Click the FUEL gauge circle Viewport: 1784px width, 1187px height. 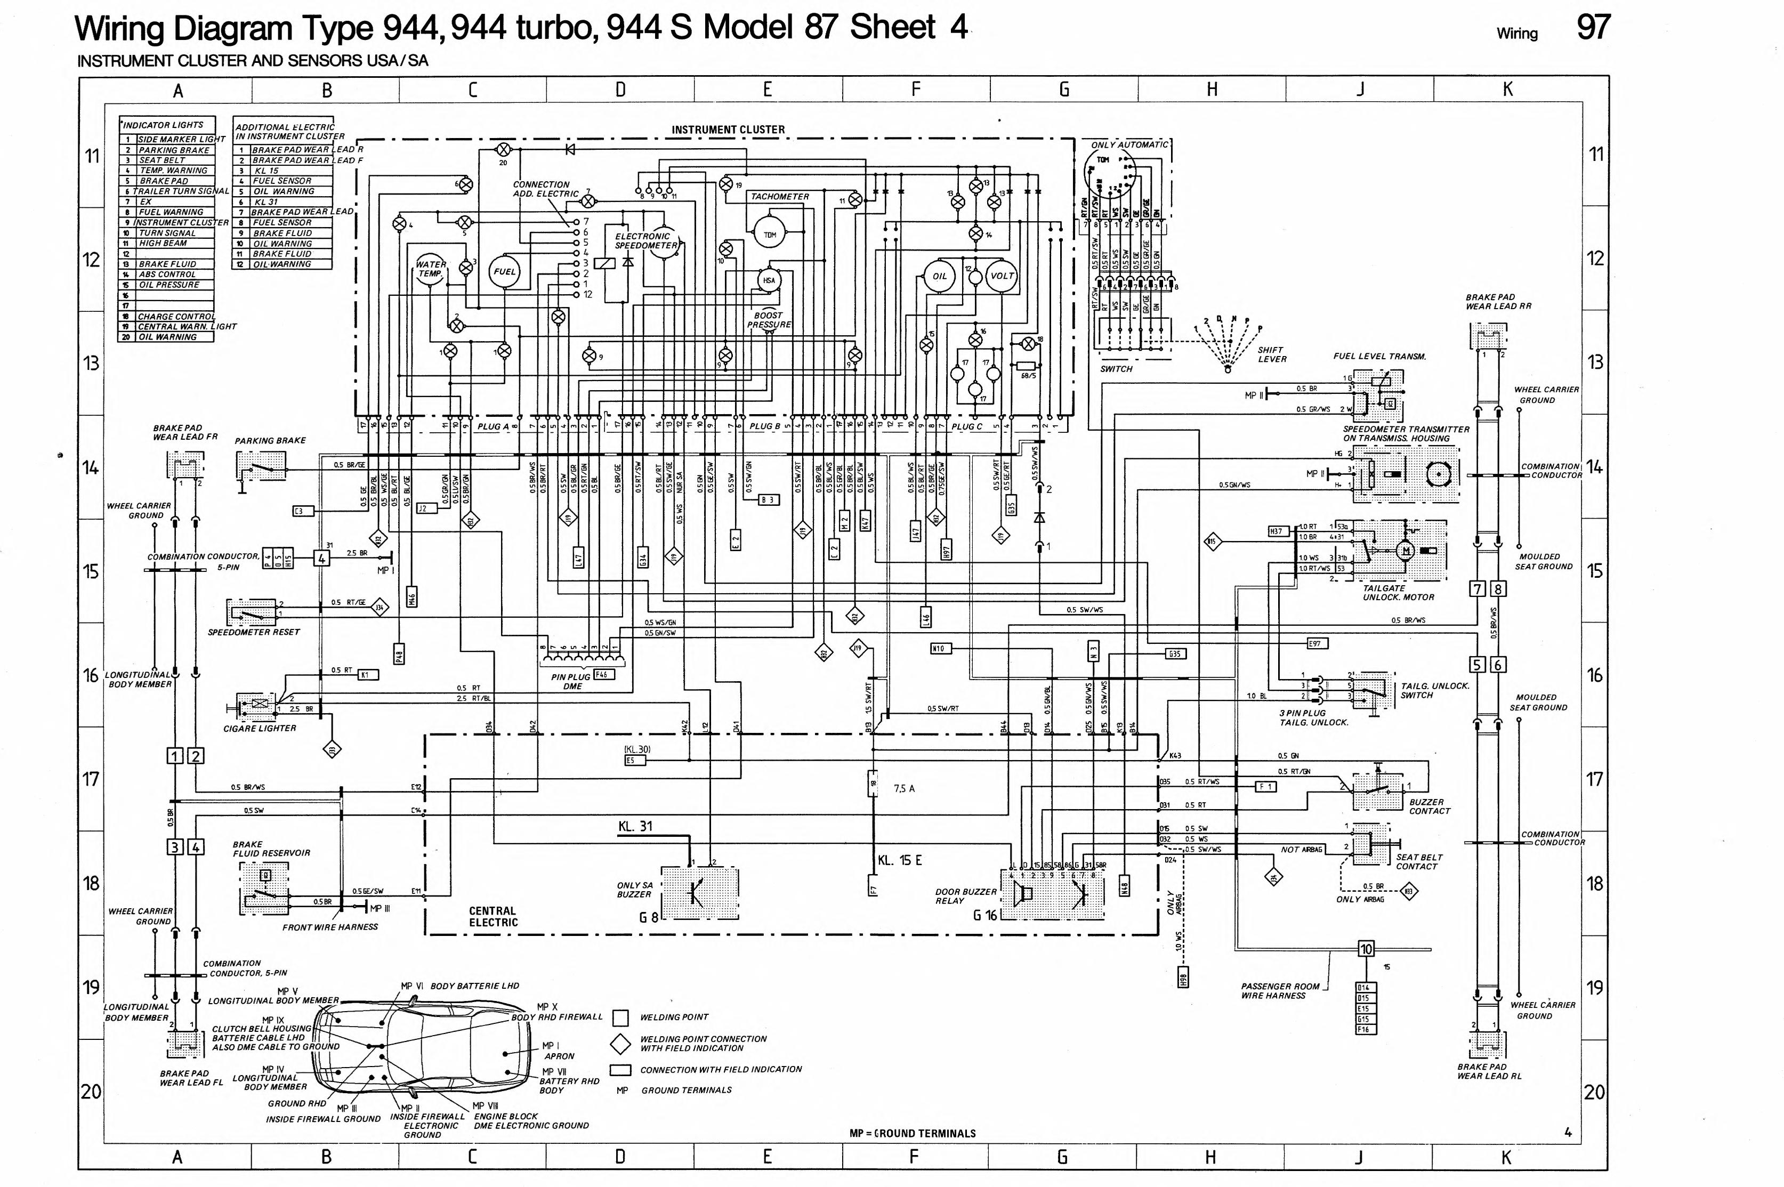504,272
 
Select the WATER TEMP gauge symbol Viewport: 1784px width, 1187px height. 430,270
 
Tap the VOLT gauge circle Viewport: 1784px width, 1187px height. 1002,276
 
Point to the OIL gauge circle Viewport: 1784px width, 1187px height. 939,276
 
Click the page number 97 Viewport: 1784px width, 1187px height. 1593,28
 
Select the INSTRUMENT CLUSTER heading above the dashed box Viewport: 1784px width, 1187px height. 728,130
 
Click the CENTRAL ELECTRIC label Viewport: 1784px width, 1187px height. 493,916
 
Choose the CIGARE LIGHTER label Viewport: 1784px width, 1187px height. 260,728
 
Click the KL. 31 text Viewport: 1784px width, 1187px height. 634,827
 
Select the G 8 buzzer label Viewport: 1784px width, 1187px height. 648,917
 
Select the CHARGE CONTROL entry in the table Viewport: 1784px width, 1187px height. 175,317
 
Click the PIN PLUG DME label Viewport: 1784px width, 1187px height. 572,681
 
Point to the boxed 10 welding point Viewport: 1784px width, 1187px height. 1366,949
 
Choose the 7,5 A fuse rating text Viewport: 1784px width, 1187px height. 904,788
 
